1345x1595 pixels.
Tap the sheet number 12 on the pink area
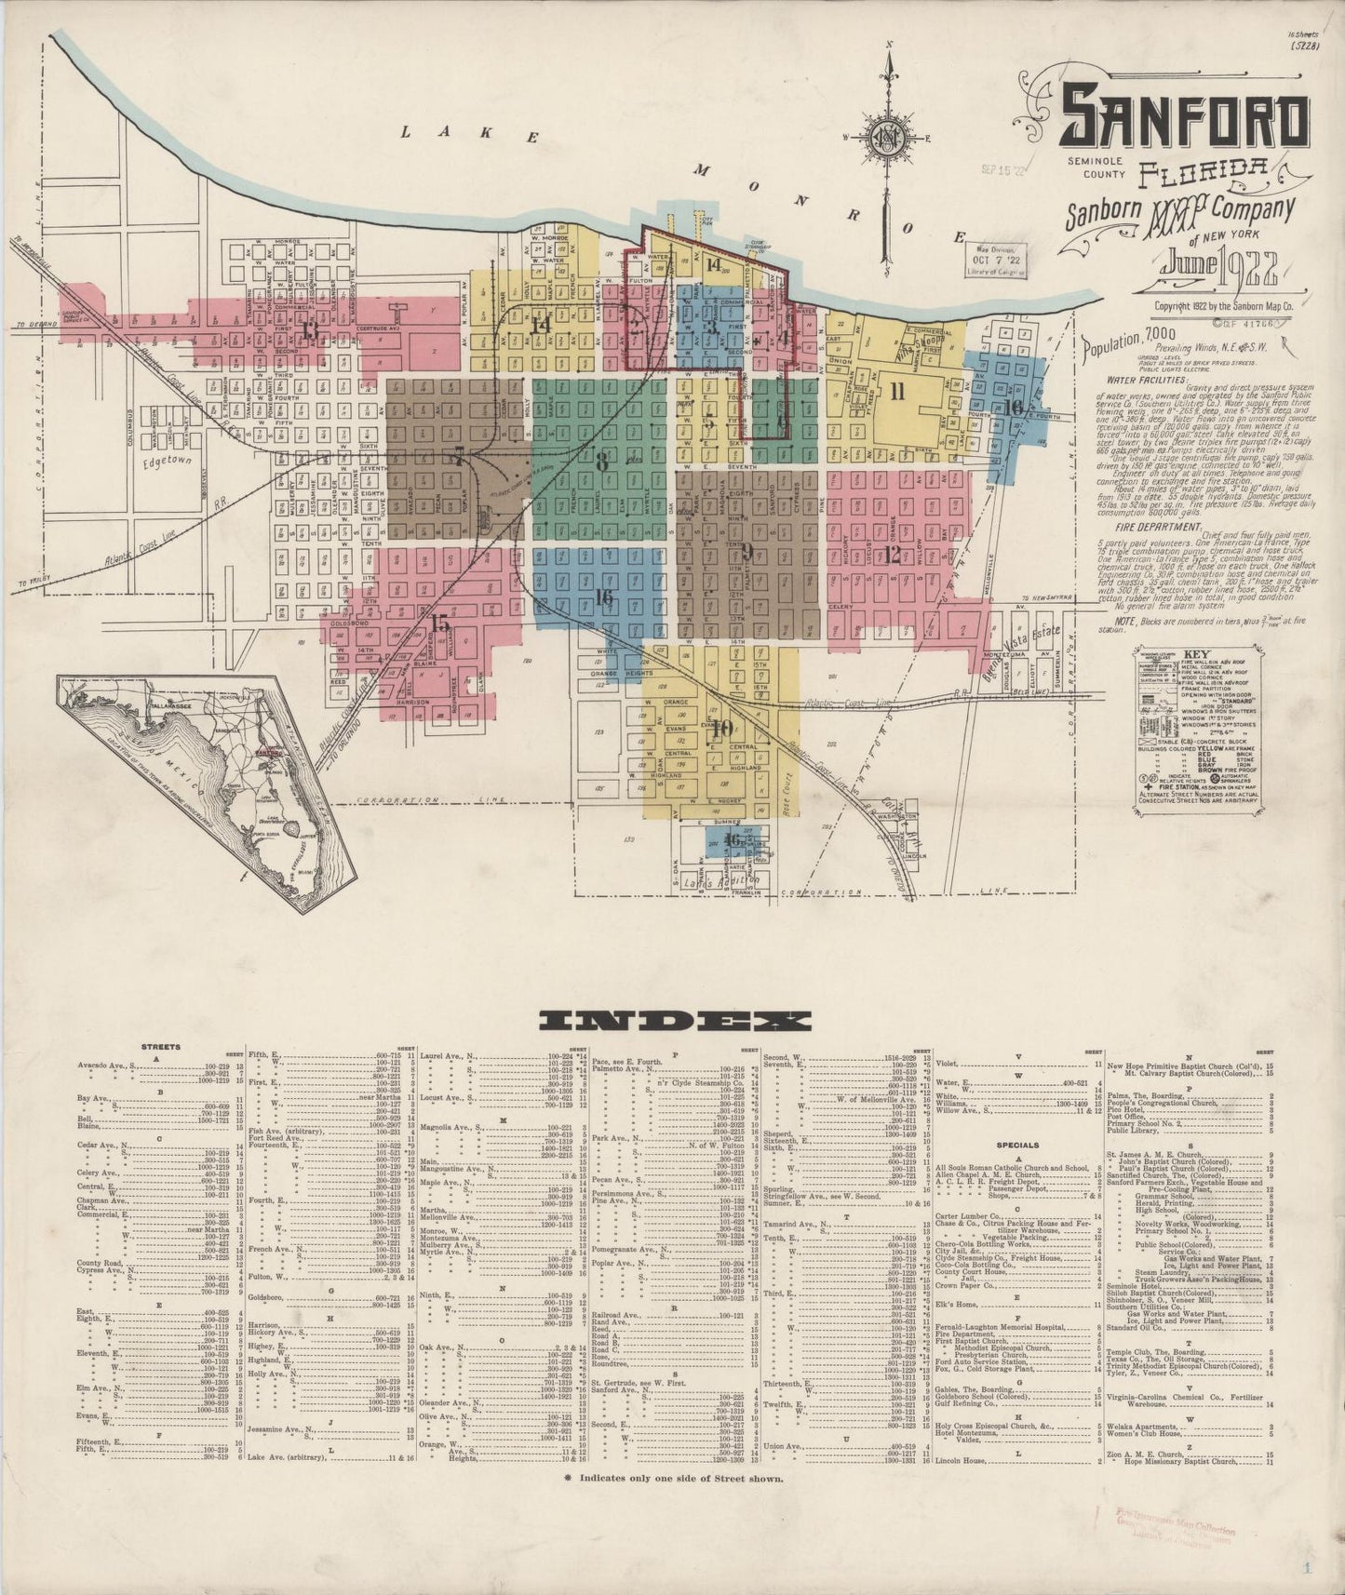tap(893, 555)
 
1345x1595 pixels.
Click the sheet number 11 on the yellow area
tap(896, 391)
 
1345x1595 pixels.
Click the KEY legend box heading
tap(1192, 653)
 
